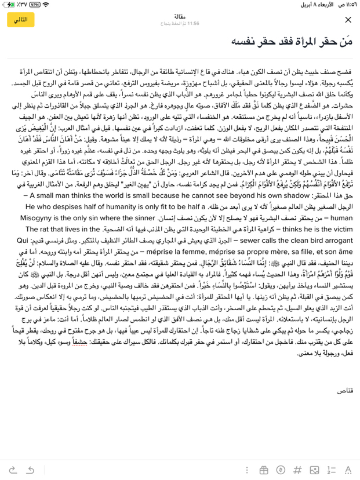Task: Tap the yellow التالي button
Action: tap(21, 20)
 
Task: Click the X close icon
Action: tap(347, 20)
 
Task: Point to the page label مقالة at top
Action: tap(180, 16)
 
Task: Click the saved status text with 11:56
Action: tap(180, 24)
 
